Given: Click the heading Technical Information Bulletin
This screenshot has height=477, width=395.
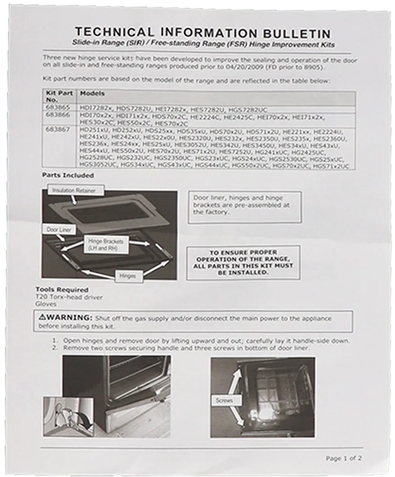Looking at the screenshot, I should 202,33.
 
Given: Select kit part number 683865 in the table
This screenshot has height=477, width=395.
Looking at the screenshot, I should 57,108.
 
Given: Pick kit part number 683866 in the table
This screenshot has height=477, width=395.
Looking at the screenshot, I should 57,116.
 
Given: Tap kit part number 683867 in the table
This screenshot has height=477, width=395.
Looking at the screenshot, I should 57,130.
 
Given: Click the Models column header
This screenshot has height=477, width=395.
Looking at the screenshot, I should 92,94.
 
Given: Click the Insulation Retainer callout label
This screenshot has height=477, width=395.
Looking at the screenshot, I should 74,191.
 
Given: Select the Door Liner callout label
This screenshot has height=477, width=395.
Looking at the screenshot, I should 59,230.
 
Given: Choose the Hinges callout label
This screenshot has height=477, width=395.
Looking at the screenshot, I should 128,276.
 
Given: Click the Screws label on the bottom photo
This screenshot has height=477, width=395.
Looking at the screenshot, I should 224,400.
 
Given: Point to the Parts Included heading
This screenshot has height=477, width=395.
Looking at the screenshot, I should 68,175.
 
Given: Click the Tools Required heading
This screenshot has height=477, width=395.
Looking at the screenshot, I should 62,290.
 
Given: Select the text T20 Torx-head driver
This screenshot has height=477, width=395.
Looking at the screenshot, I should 69,297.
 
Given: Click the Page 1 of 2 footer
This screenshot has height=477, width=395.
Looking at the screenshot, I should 344,458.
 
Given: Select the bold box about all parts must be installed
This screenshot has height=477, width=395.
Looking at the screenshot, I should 243,263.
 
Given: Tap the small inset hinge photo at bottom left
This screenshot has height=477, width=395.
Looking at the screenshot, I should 68,416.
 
